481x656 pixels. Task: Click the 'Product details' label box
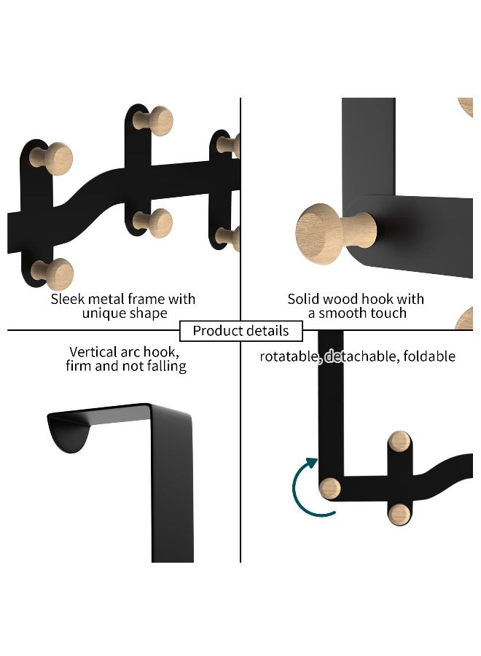(x=240, y=331)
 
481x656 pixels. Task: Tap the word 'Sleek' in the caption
(x=68, y=299)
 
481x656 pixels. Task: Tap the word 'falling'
(x=165, y=366)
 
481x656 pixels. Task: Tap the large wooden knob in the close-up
(x=326, y=235)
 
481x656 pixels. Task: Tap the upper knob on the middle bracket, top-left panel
(x=155, y=120)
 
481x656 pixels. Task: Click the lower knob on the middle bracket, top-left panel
(x=155, y=222)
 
